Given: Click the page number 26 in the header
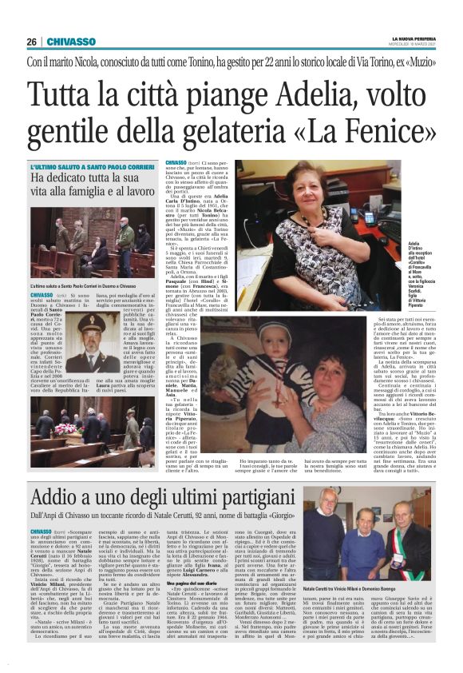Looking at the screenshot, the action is point(31,42).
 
